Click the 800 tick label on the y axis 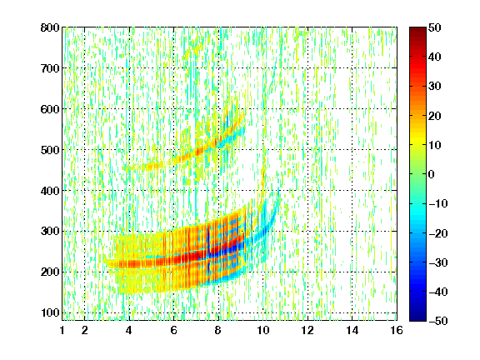tap(50, 27)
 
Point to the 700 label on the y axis tap(50, 68)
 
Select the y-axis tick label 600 tap(50, 109)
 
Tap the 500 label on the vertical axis tap(50, 150)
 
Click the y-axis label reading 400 tap(50, 191)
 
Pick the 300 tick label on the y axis tap(50, 232)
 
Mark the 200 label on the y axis tap(50, 272)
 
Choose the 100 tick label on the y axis tap(50, 312)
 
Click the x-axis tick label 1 tap(62, 330)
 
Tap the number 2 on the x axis tap(85, 330)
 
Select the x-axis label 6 tap(173, 330)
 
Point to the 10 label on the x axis tap(262, 330)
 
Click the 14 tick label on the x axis tap(352, 330)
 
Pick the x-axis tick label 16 tap(397, 330)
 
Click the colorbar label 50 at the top tap(434, 27)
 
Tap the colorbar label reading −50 tap(438, 321)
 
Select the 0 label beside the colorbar tap(432, 174)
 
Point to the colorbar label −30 tap(438, 262)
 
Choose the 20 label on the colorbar tap(434, 116)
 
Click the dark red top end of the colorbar tap(417, 28)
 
